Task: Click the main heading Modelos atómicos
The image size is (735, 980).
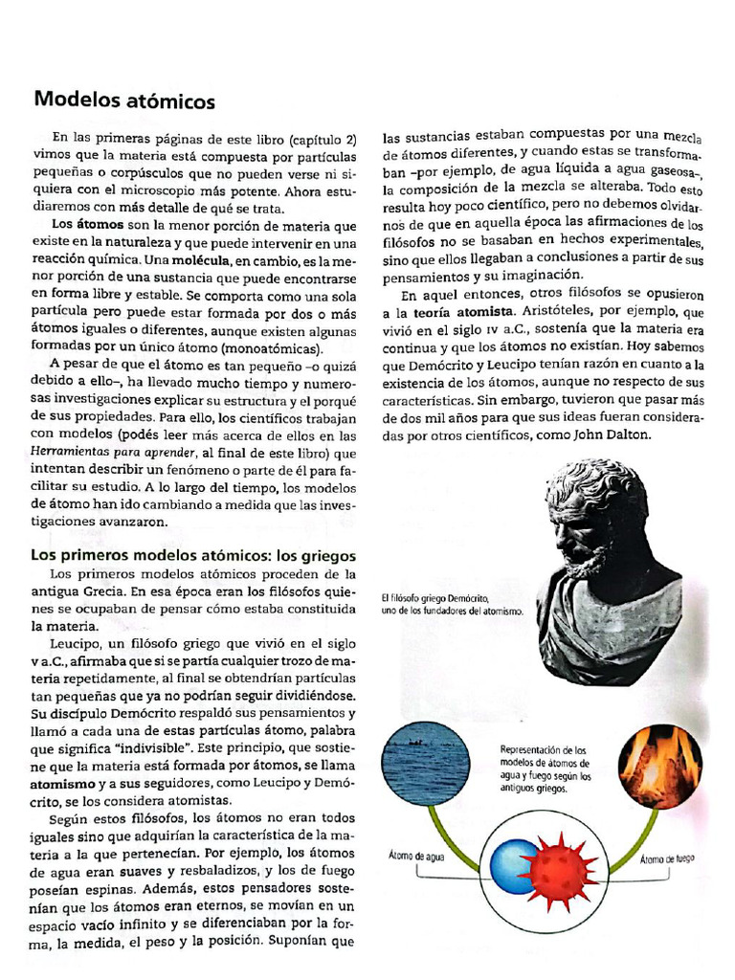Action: point(124,100)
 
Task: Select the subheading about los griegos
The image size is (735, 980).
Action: point(194,554)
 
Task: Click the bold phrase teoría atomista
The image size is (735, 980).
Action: point(456,312)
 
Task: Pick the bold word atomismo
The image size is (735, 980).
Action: point(65,781)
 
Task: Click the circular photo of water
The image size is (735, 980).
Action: point(425,767)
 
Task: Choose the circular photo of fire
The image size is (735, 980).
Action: point(659,767)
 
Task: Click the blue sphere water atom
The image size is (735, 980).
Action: point(514,865)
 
